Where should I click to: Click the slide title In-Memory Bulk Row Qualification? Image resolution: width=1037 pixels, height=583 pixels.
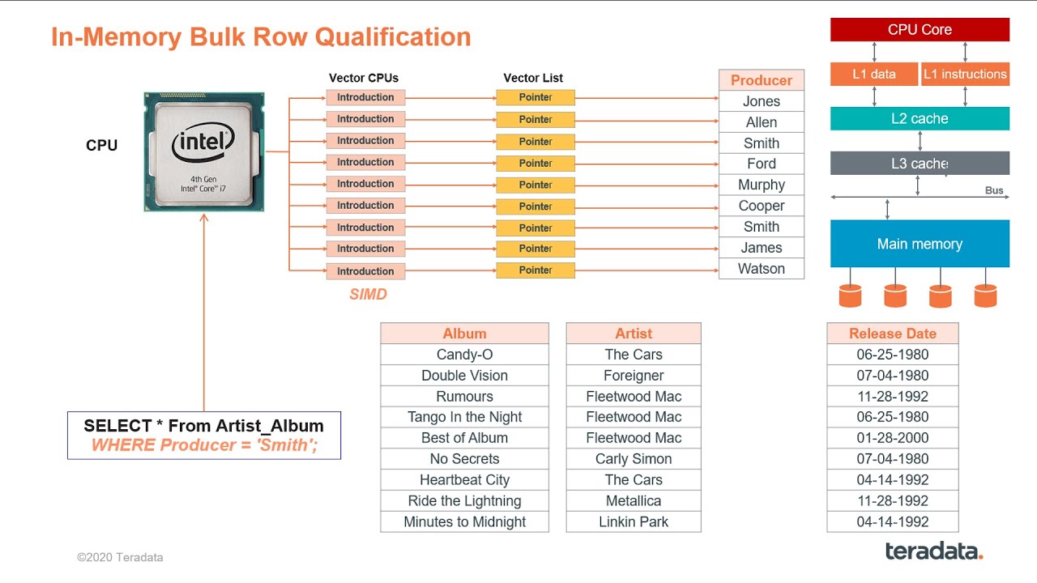coord(261,37)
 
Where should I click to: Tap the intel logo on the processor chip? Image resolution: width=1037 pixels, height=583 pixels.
coord(203,143)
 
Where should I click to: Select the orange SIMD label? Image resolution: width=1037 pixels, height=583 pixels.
coord(368,295)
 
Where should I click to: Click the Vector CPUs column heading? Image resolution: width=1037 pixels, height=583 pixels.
coord(364,79)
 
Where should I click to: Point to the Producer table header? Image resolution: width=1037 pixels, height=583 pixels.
coord(761,80)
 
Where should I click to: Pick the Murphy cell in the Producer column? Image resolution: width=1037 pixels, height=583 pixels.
coord(761,185)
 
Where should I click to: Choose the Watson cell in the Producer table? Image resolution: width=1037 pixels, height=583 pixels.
coord(761,269)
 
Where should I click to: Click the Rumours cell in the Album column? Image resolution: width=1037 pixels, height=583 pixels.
coord(464,397)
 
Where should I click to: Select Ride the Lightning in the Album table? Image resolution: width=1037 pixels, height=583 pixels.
coord(464,501)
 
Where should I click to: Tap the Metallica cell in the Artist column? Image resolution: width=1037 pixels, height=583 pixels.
coord(633,501)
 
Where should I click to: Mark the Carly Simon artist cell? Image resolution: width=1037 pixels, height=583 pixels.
coord(633,459)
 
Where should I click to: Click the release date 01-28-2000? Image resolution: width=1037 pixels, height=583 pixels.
coord(892,438)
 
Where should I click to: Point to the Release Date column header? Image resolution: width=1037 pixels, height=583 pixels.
coord(892,334)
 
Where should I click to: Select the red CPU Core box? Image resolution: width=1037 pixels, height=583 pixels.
coord(920,30)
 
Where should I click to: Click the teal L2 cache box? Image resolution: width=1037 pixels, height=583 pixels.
coord(920,119)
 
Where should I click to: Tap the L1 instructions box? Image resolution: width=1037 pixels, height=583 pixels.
coord(965,74)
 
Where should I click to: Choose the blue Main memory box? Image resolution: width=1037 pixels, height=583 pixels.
coord(920,244)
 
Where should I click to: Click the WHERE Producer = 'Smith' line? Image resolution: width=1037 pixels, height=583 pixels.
coord(203,445)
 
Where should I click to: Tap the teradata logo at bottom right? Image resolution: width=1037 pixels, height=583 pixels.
coord(933,551)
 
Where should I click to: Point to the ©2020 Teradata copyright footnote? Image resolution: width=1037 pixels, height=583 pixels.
coord(120,557)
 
